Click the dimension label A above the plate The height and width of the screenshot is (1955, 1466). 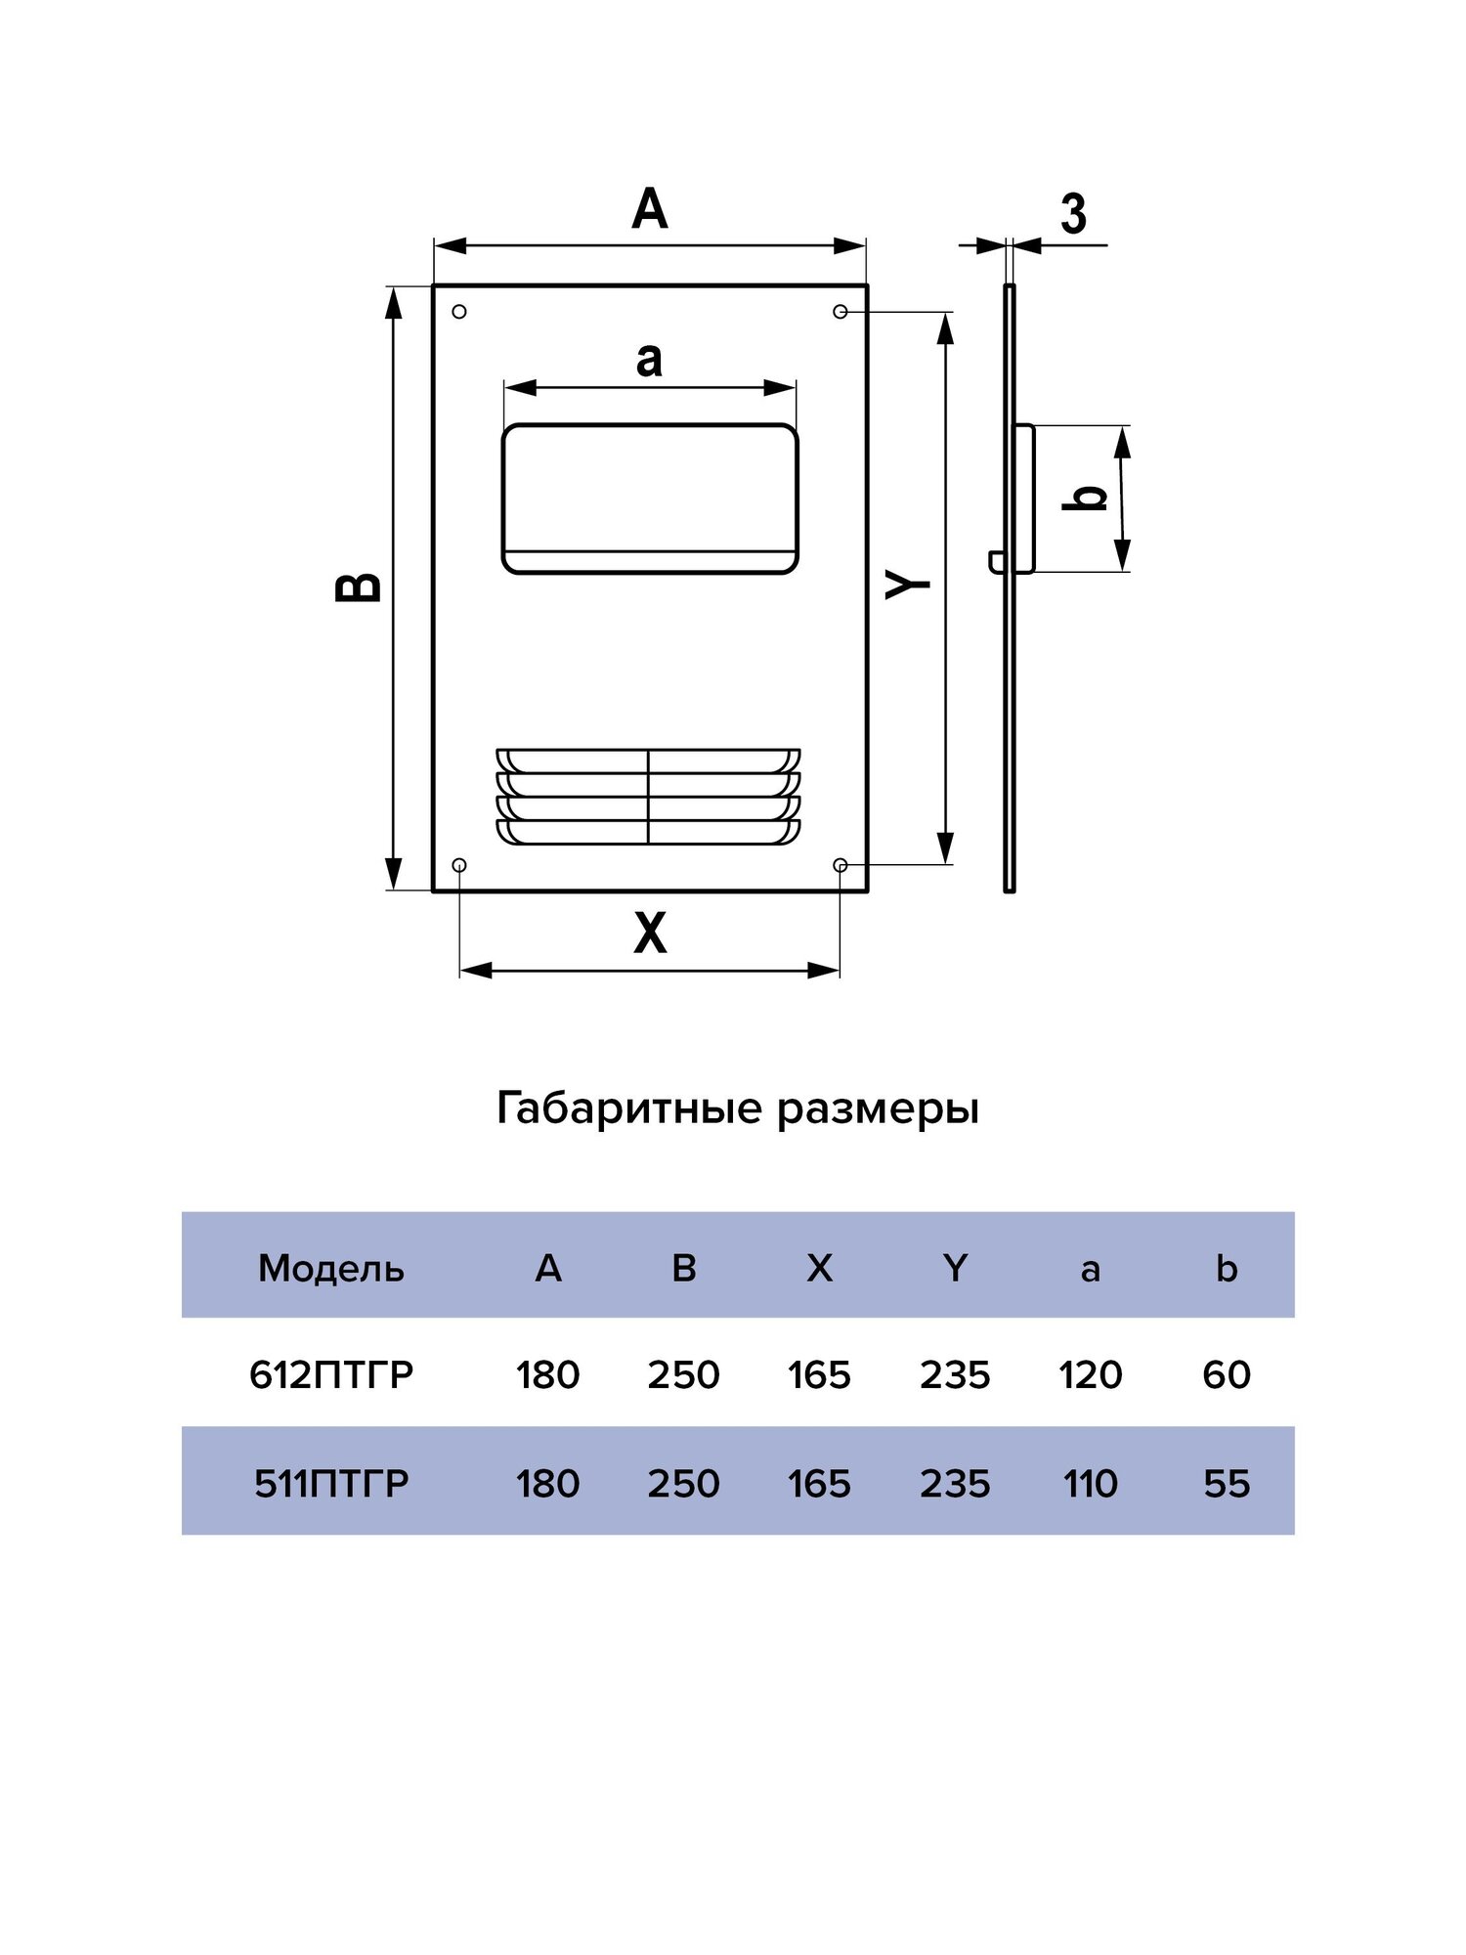click(650, 209)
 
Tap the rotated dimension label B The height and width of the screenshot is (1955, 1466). click(359, 586)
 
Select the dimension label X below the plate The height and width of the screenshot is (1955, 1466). click(650, 933)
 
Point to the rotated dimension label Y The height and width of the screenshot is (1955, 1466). click(908, 584)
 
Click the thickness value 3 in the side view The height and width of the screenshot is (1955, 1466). click(1073, 213)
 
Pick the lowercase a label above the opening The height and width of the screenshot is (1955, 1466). click(649, 359)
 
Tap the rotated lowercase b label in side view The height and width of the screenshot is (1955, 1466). click(1085, 498)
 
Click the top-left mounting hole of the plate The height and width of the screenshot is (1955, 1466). click(459, 312)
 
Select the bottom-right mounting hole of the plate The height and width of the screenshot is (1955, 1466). click(840, 865)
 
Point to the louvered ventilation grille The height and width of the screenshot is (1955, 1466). click(648, 797)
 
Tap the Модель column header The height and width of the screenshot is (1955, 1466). click(330, 1268)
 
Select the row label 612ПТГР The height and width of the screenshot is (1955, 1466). click(331, 1374)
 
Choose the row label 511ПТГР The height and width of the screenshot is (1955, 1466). click(331, 1483)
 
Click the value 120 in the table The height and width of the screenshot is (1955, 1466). click(1091, 1374)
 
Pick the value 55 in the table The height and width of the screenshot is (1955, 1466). click(1227, 1483)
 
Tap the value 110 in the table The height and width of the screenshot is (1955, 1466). click(1091, 1483)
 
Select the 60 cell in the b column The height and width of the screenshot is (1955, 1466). click(1227, 1374)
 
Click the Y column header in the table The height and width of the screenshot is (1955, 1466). click(955, 1268)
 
